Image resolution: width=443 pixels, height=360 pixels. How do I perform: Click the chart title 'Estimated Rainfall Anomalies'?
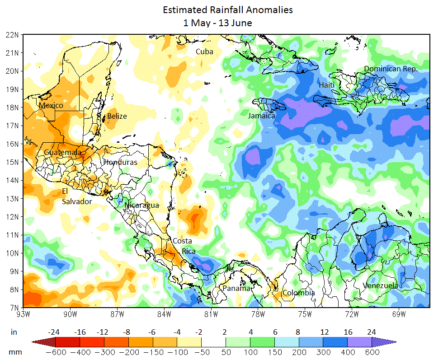pos(221,9)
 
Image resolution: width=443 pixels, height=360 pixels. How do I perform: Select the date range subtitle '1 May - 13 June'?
pos(217,23)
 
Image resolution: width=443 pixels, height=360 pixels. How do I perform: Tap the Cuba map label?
pos(204,52)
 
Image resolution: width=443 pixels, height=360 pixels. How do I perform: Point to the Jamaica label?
pos(261,116)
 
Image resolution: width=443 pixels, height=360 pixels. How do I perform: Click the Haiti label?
pos(326,85)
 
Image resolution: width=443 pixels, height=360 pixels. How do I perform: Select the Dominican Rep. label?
pos(391,69)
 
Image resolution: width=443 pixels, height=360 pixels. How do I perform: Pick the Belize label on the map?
pos(117,116)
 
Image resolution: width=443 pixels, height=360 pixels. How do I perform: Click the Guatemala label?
pos(63,153)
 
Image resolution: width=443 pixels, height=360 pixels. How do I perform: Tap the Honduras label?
pos(120,162)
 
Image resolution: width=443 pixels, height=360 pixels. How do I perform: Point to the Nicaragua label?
pos(141,205)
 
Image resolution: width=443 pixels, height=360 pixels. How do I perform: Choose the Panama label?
pos(236,288)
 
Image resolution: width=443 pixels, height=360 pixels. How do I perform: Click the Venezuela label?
pos(380,285)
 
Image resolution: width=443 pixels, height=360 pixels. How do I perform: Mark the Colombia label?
pos(298,293)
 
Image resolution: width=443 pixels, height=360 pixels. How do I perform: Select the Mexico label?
pos(51,105)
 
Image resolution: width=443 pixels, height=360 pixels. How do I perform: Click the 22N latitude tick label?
pos(12,34)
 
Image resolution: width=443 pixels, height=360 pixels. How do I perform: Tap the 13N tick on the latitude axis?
pos(12,198)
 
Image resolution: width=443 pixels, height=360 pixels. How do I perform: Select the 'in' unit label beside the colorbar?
pos(14,332)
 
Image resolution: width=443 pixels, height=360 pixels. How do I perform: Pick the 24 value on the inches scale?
pos(372,332)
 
